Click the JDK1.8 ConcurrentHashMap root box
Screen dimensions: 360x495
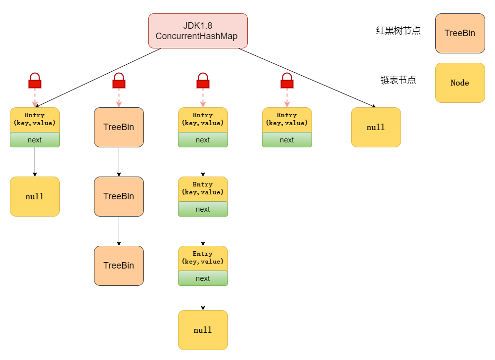coord(198,31)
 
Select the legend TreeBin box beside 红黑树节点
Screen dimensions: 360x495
coord(459,33)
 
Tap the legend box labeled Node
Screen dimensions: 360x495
coord(459,83)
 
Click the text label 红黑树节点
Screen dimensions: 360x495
coord(398,31)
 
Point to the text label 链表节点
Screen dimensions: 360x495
coord(398,80)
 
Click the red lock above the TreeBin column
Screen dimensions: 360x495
coord(119,81)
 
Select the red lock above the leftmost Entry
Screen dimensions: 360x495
coord(35,81)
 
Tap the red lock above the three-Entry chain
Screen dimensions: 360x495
coord(203,81)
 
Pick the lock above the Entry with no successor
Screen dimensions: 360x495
coord(287,81)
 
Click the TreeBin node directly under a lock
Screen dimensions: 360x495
coord(119,127)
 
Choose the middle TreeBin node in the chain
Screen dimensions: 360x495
coord(119,196)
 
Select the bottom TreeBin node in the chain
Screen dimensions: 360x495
coord(119,266)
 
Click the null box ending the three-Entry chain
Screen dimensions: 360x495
coord(203,330)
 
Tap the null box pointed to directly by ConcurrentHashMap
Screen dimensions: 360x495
coord(376,127)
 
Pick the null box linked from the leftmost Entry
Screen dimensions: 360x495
coord(35,196)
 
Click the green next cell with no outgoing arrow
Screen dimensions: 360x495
coord(287,140)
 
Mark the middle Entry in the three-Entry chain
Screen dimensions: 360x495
coord(203,189)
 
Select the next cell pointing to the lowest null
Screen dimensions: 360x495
coord(203,278)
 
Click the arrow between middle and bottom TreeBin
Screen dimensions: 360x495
coord(119,231)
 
